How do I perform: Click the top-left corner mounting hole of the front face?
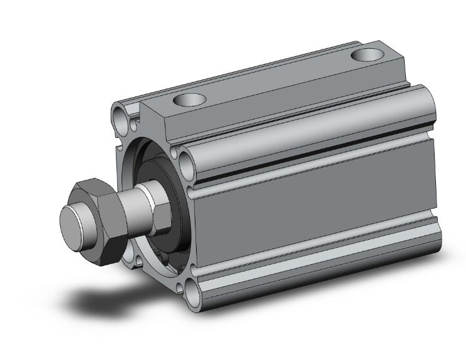click(x=121, y=115)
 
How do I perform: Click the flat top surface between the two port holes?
click(x=276, y=78)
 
